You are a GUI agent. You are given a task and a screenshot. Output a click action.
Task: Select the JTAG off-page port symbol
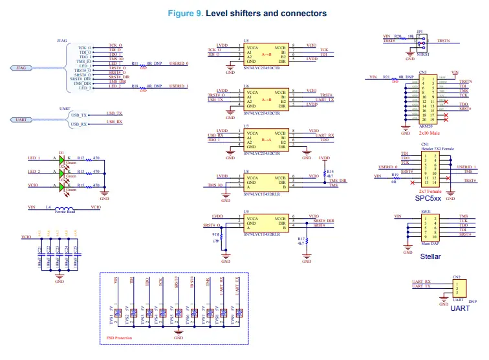pos(24,67)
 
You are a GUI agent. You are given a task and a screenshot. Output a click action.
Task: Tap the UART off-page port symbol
pos(24,119)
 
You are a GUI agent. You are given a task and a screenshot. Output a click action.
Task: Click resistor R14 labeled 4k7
pos(324,172)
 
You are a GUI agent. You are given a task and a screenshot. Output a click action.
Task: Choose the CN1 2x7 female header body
pos(429,168)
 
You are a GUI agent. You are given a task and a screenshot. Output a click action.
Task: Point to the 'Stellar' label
pos(430,256)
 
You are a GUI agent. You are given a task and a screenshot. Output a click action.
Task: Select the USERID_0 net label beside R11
pos(179,64)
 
